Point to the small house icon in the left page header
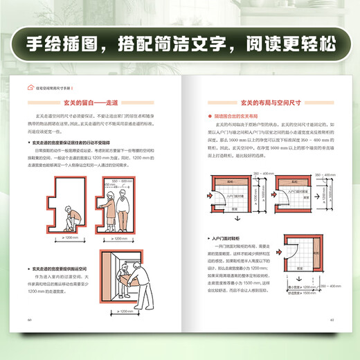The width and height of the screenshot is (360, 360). pyautogui.click(x=28, y=85)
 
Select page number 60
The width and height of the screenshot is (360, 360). pyautogui.click(x=29, y=321)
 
